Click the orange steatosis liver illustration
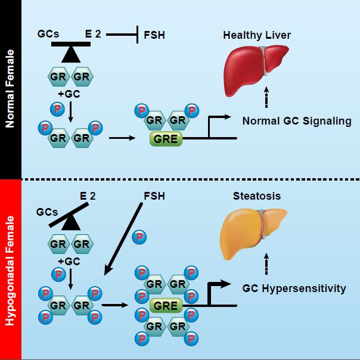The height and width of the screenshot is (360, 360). tap(253, 232)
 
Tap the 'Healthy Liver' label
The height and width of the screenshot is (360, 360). tap(257, 35)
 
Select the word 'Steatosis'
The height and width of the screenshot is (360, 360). tap(256, 196)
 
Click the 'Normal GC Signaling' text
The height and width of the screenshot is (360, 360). tap(297, 121)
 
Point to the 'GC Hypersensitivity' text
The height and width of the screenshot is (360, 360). tap(294, 288)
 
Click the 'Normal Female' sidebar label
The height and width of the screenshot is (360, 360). tap(10, 89)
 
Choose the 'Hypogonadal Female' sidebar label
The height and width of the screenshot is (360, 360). tap(10, 270)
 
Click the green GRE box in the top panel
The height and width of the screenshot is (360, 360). tap(166, 139)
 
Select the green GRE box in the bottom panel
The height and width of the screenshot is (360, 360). tap(166, 306)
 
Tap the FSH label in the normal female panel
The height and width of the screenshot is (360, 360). tap(154, 35)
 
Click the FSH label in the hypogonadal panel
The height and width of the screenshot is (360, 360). tap(154, 195)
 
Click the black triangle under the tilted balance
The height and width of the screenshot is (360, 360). tap(73, 223)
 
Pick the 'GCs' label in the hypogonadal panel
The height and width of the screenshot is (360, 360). tap(47, 212)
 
